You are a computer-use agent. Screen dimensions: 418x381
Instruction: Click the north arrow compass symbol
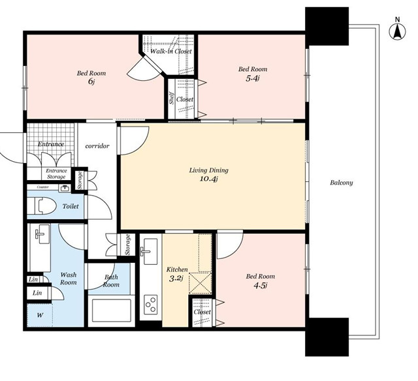[x=397, y=32]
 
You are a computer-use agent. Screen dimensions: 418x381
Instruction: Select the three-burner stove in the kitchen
[x=150, y=304]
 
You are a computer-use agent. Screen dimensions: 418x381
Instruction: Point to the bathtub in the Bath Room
[x=112, y=311]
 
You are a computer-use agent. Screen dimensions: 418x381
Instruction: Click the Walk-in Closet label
[x=170, y=51]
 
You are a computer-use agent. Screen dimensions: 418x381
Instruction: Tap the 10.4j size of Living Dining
[x=209, y=179]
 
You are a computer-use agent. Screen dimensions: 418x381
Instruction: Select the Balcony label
[x=342, y=183]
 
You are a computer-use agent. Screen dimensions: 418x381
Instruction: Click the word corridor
[x=97, y=146]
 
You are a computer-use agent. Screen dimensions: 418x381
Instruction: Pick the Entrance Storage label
[x=56, y=174]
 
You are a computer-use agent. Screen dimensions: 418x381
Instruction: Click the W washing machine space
[x=40, y=315]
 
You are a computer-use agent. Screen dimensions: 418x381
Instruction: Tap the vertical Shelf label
[x=172, y=99]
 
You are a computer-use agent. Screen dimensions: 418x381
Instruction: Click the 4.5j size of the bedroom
[x=261, y=286]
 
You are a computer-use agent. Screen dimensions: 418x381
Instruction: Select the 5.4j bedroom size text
[x=253, y=78]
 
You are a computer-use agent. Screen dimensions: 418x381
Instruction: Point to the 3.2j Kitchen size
[x=176, y=279]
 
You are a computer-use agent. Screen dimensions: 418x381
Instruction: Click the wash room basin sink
[x=42, y=234]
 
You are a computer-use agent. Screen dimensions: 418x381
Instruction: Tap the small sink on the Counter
[x=65, y=189]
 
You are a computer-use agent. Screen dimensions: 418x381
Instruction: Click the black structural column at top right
[x=327, y=26]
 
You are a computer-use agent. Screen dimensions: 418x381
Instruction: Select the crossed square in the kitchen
[x=201, y=283]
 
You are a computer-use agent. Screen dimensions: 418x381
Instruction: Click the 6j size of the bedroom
[x=91, y=81]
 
